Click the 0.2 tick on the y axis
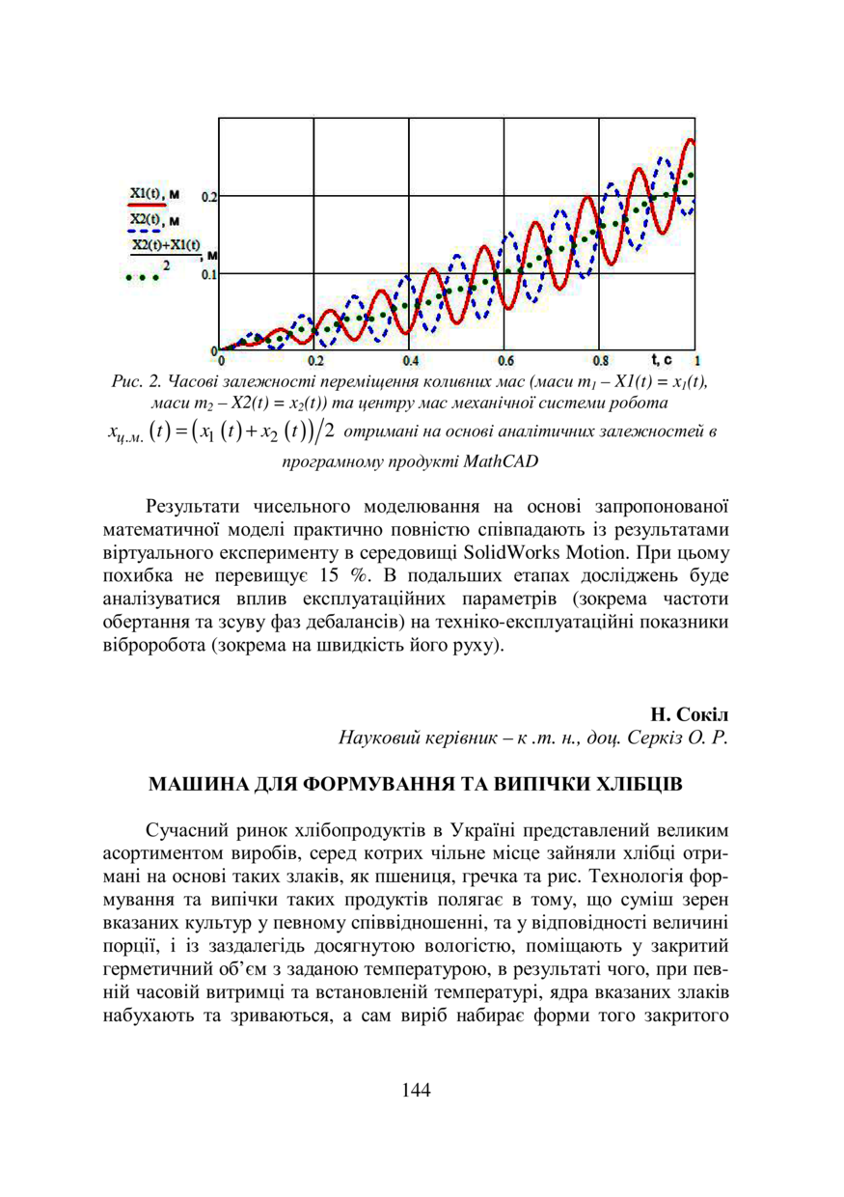pos(208,196)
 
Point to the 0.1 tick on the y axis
pos(208,274)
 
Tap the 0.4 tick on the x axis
pos(410,361)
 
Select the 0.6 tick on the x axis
pos(505,361)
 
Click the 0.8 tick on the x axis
pos(600,361)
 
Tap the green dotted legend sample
pos(143,278)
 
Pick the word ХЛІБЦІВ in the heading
pos(640,784)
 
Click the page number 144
pos(415,1090)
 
